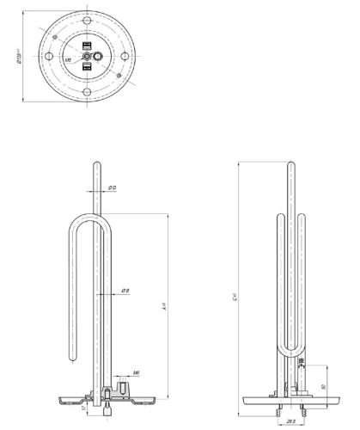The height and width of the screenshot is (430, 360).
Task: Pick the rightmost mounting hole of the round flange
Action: (x=126, y=53)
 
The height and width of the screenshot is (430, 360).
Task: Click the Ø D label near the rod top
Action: (x=113, y=187)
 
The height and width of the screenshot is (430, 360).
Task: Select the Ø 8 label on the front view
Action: (x=125, y=291)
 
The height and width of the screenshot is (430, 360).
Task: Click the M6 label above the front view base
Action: (x=137, y=374)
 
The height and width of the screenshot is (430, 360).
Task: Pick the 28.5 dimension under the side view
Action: (x=291, y=421)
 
